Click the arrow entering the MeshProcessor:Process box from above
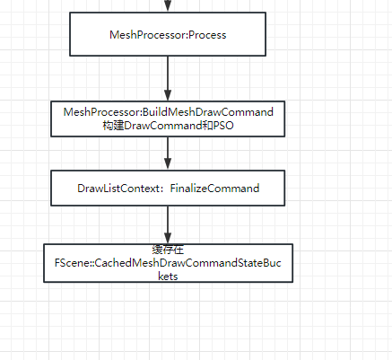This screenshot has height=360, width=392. pyautogui.click(x=168, y=6)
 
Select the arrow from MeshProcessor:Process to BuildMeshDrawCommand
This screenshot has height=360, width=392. pyautogui.click(x=168, y=77)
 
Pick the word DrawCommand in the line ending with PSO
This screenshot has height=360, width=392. pyautogui.click(x=160, y=127)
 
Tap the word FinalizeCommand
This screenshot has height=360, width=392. pyautogui.click(x=215, y=189)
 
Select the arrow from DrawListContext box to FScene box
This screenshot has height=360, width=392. pyautogui.click(x=168, y=223)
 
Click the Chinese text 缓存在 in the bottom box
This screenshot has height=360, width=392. pyautogui.click(x=168, y=249)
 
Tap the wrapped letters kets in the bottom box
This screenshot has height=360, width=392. pyautogui.click(x=168, y=277)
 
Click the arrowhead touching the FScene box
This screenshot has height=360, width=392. pyautogui.click(x=168, y=236)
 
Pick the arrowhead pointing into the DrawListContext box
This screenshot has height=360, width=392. pyautogui.click(x=168, y=166)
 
